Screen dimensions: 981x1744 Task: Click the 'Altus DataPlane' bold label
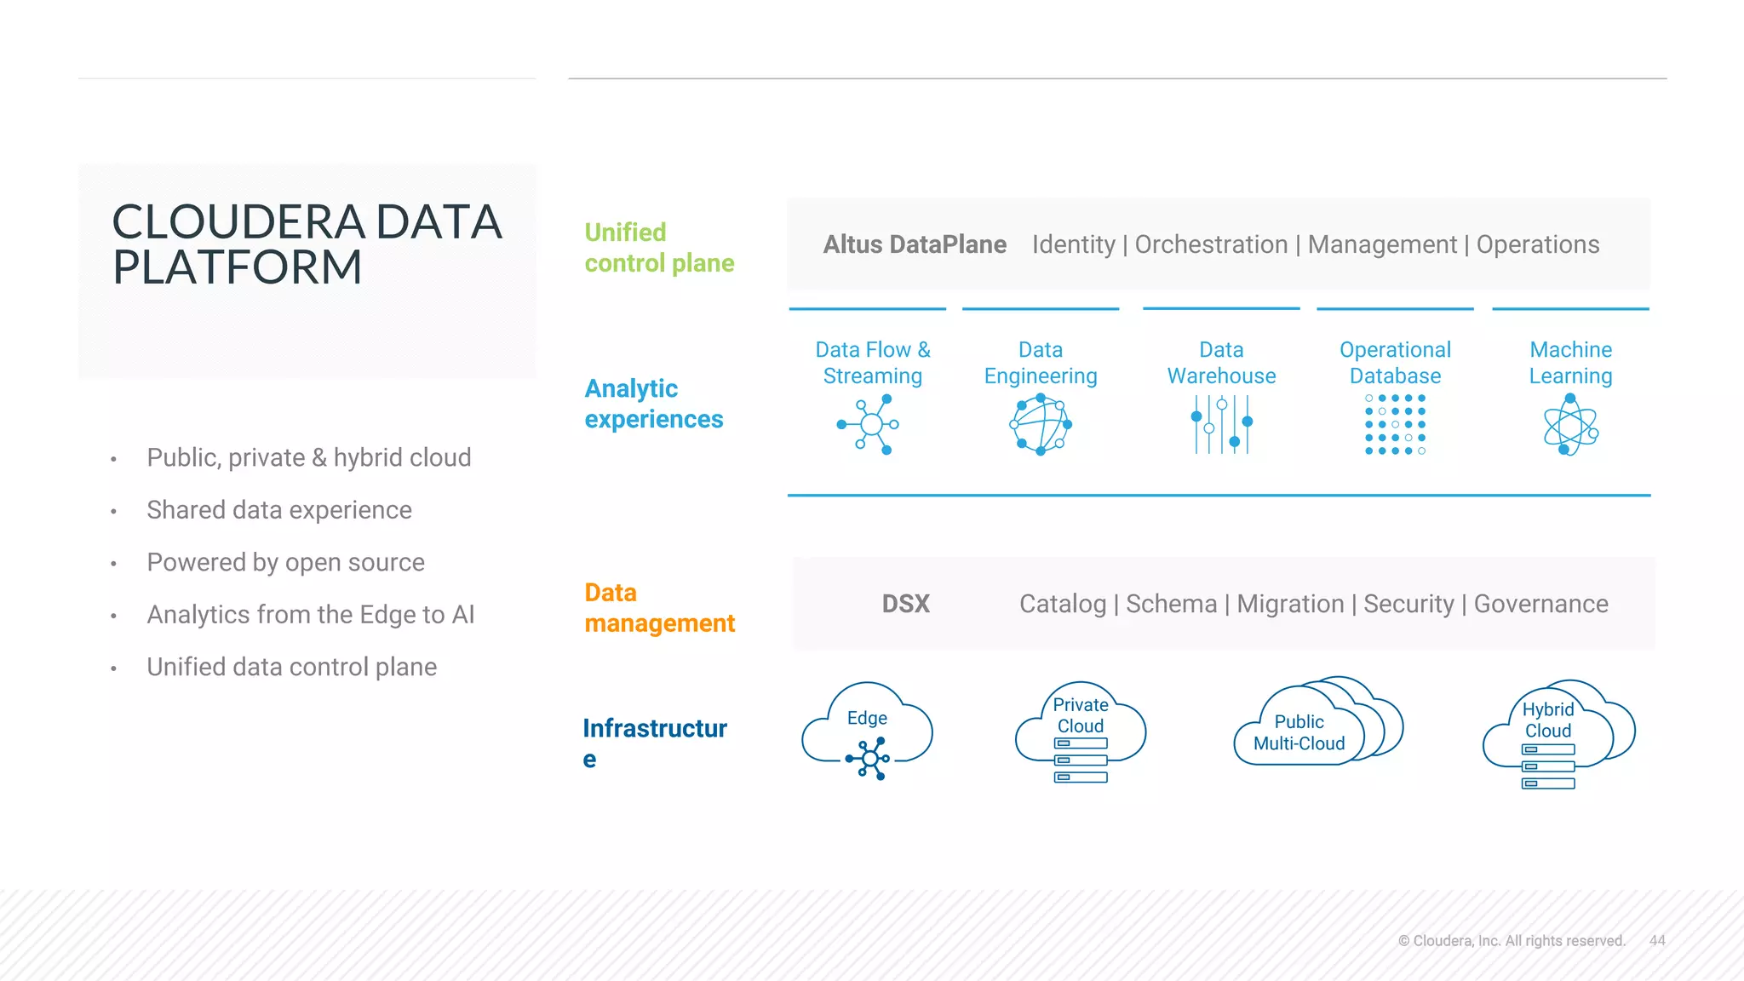pyautogui.click(x=914, y=244)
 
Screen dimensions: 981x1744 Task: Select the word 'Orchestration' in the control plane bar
pyautogui.click(x=1211, y=244)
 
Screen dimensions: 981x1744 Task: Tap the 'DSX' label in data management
pyautogui.click(x=905, y=604)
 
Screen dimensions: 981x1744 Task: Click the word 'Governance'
pyautogui.click(x=1540, y=604)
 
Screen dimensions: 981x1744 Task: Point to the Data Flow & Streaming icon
pyautogui.click(x=869, y=424)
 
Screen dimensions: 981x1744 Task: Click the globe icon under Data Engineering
pyautogui.click(x=1040, y=424)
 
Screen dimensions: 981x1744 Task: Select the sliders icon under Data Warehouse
pyautogui.click(x=1221, y=424)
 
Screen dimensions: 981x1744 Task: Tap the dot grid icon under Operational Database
pyautogui.click(x=1395, y=424)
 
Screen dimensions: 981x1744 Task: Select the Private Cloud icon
pyautogui.click(x=1080, y=732)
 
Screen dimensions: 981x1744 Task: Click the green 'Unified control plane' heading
pyautogui.click(x=658, y=248)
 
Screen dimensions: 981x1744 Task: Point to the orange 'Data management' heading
pyautogui.click(x=658, y=608)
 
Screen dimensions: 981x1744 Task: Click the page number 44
pyautogui.click(x=1656, y=940)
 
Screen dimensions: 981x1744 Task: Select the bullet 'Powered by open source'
pyautogui.click(x=285, y=562)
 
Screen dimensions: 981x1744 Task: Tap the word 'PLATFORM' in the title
pyautogui.click(x=238, y=267)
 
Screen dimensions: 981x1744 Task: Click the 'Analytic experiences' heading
pyautogui.click(x=653, y=404)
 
